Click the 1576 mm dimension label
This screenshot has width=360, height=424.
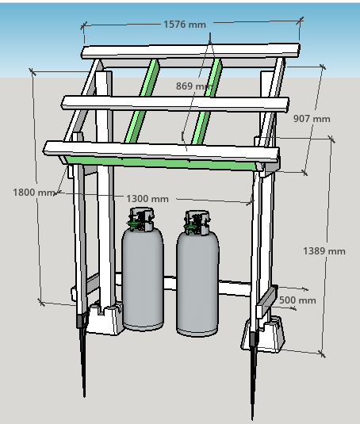pyautogui.click(x=185, y=25)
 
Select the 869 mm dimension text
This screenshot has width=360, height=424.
pyautogui.click(x=193, y=86)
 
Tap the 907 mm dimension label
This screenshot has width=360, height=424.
pyautogui.click(x=312, y=119)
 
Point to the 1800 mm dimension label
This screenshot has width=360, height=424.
pyautogui.click(x=34, y=193)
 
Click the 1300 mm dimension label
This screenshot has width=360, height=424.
pyautogui.click(x=147, y=199)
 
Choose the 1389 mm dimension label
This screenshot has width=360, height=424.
pyautogui.click(x=324, y=251)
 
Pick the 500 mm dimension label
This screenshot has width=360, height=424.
pyautogui.click(x=297, y=300)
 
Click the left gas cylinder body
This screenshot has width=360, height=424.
pyautogui.click(x=143, y=278)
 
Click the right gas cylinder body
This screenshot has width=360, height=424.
pyautogui.click(x=197, y=283)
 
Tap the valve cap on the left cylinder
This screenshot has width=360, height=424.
pyautogui.click(x=141, y=219)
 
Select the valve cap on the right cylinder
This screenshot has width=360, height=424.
pyautogui.click(x=197, y=222)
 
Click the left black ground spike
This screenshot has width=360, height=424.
pyautogui.click(x=82, y=356)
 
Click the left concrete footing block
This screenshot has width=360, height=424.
pyautogui.click(x=105, y=319)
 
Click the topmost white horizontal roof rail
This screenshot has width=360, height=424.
pyautogui.click(x=190, y=51)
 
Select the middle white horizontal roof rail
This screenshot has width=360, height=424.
pyautogui.click(x=175, y=104)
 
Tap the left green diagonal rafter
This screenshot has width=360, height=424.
pyautogui.click(x=142, y=101)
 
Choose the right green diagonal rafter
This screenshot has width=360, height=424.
pyautogui.click(x=207, y=101)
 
